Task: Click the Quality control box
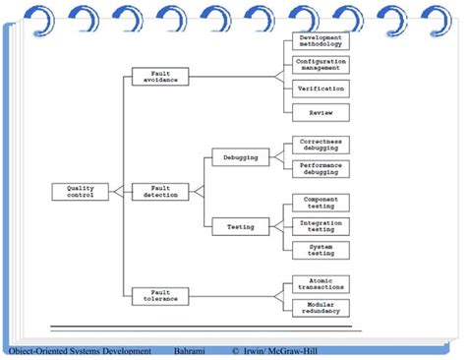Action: click(x=82, y=191)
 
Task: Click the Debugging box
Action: click(x=240, y=155)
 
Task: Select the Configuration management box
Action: click(x=320, y=65)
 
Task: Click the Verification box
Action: click(x=320, y=89)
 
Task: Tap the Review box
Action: click(x=320, y=112)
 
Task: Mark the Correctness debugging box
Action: click(x=320, y=145)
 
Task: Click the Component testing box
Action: click(x=320, y=202)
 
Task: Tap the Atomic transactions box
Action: click(x=320, y=283)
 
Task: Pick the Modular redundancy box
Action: click(x=320, y=307)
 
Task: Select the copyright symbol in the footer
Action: click(x=236, y=351)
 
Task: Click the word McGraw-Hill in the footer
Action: click(x=289, y=351)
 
